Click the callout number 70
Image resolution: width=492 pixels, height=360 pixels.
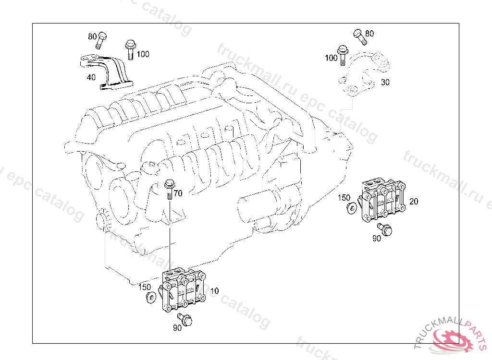pos(178,193)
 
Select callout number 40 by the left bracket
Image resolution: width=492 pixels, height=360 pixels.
pos(91,77)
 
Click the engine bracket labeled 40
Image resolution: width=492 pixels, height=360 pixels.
pos(106,72)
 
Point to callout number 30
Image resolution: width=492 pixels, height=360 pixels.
pos(385,82)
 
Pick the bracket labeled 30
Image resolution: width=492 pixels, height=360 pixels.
pos(364,74)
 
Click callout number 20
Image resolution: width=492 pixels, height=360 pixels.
pos(414,201)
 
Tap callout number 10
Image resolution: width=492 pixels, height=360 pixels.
pos(214,291)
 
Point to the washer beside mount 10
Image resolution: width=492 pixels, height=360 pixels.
pos(151,297)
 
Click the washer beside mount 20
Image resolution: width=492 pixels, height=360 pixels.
pos(352,208)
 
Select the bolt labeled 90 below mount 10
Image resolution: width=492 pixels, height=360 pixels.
pos(185,319)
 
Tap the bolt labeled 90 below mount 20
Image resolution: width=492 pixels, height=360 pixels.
pos(385,229)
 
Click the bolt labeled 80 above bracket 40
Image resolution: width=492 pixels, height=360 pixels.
pos(101,40)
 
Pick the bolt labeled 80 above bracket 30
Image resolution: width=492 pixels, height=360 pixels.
pos(360,36)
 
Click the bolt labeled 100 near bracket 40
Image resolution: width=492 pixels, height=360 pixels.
pos(130,49)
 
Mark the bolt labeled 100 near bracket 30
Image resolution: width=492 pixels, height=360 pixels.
pos(342,55)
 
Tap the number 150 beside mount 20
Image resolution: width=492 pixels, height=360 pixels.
pos(344,198)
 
